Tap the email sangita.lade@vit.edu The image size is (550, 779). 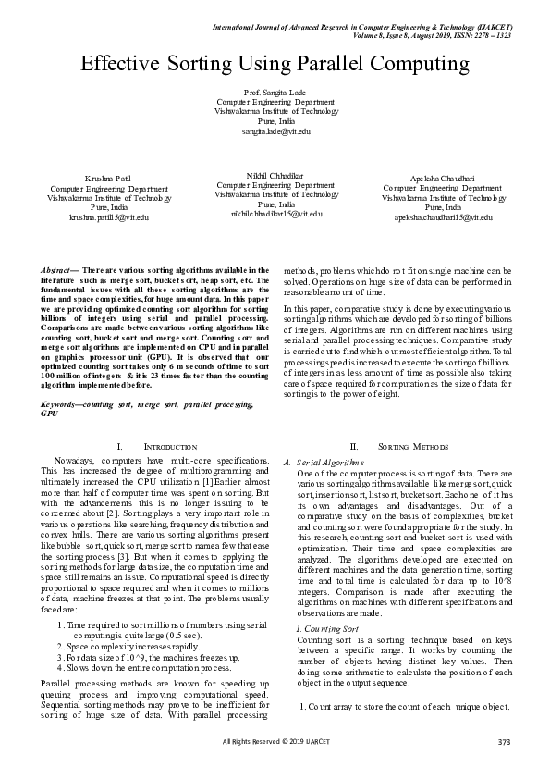point(275,131)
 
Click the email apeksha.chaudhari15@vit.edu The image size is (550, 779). point(443,216)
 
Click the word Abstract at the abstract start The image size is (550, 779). point(57,269)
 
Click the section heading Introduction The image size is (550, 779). point(171,446)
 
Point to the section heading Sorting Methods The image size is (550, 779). point(398,446)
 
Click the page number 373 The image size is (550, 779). point(504,766)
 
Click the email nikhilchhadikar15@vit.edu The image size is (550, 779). point(276,214)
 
